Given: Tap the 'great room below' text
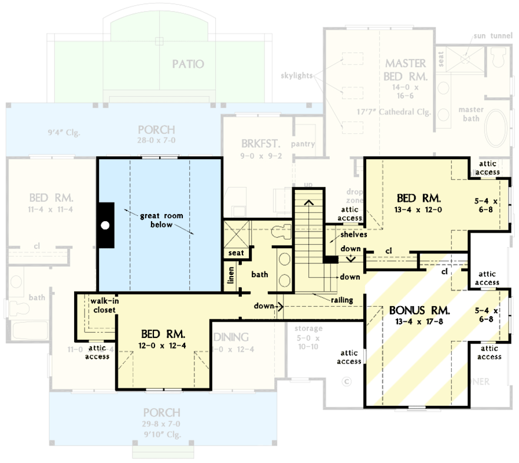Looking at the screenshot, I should coord(161,220).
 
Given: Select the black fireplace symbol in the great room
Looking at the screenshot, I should coord(105,225).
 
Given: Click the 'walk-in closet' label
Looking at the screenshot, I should coord(104,305).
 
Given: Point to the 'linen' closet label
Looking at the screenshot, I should coord(230,274).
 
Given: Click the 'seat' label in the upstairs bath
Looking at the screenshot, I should coord(236,253).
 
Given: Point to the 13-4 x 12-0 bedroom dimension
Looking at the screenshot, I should coord(418,210).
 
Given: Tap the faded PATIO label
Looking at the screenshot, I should coord(187,64).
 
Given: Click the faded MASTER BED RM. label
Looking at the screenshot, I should coord(406,69).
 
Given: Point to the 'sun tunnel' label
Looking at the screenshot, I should coord(491,36).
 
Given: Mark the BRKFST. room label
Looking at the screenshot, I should coord(256,143).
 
